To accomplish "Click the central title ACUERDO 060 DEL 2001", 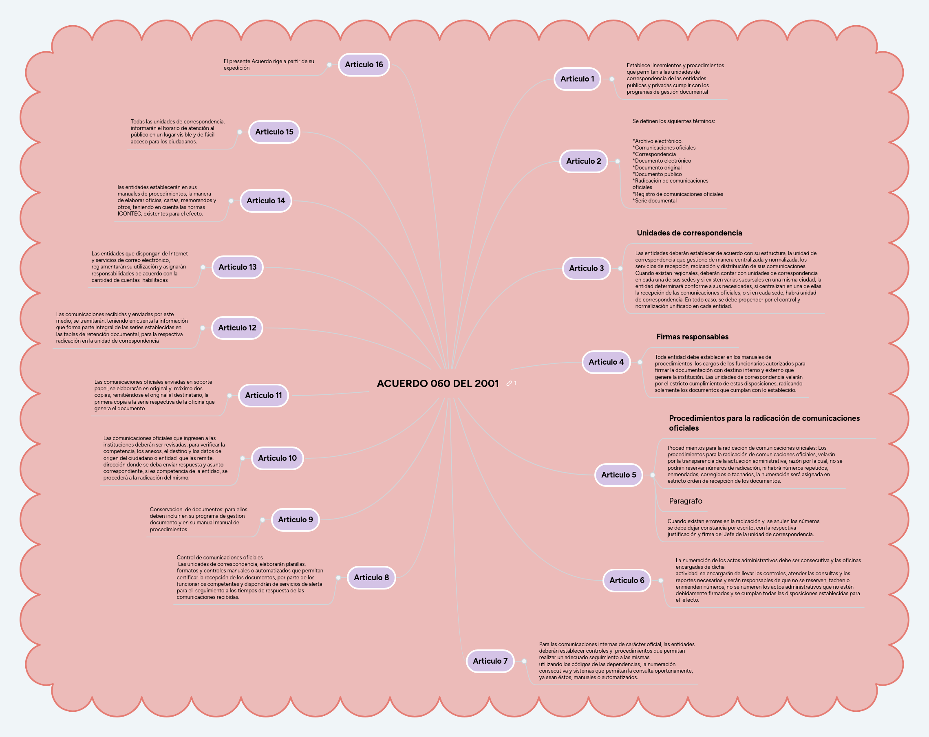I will [437, 383].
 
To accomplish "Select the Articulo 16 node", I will [364, 65].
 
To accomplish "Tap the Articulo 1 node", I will [577, 79].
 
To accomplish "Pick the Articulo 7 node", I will [490, 661].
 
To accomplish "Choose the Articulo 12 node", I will [237, 328].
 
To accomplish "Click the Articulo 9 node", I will [295, 519].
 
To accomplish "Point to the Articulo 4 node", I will [606, 362].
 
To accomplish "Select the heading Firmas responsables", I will [692, 337].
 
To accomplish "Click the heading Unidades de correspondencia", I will [689, 233].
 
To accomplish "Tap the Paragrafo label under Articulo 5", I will [685, 501].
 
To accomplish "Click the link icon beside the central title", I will [509, 383].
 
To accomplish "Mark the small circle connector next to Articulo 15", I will [240, 132].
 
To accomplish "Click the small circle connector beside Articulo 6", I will [660, 580].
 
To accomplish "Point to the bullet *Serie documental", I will [655, 201].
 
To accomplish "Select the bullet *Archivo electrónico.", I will [657, 141].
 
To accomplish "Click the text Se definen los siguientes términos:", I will [673, 121].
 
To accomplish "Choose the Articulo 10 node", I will [277, 458].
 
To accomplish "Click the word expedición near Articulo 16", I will [236, 68].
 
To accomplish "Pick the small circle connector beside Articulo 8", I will [338, 578].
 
